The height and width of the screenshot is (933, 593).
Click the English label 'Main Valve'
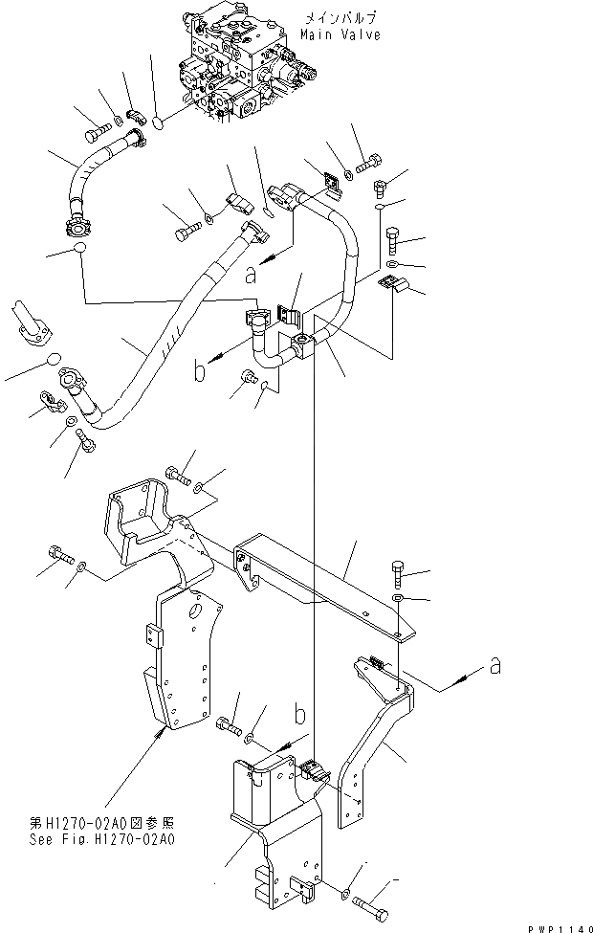[340, 34]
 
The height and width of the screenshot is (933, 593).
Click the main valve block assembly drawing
[239, 67]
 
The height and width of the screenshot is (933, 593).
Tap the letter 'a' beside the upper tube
[250, 275]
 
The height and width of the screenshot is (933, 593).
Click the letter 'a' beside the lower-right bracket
[494, 667]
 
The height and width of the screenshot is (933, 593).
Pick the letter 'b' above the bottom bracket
[299, 714]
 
